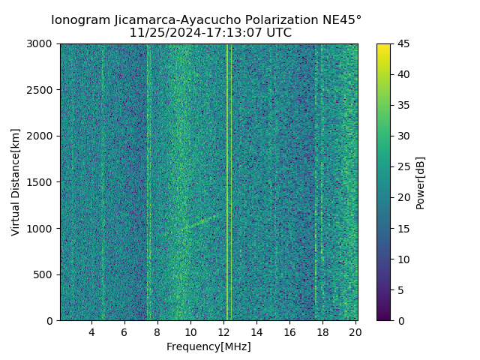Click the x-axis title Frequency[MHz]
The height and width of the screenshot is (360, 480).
[208, 346]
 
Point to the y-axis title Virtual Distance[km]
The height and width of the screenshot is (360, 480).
[16, 182]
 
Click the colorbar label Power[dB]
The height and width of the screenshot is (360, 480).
[421, 182]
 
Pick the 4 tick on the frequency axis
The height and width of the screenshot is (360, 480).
[91, 332]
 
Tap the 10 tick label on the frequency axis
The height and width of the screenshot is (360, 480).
[190, 332]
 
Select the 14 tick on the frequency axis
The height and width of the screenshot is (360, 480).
[256, 332]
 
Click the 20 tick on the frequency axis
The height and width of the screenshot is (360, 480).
[355, 332]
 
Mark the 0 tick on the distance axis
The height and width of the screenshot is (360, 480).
[51, 321]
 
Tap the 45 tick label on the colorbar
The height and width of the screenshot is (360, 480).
[403, 44]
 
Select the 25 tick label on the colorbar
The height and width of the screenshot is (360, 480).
[403, 167]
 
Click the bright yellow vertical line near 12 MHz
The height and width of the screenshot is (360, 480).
[227, 180]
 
